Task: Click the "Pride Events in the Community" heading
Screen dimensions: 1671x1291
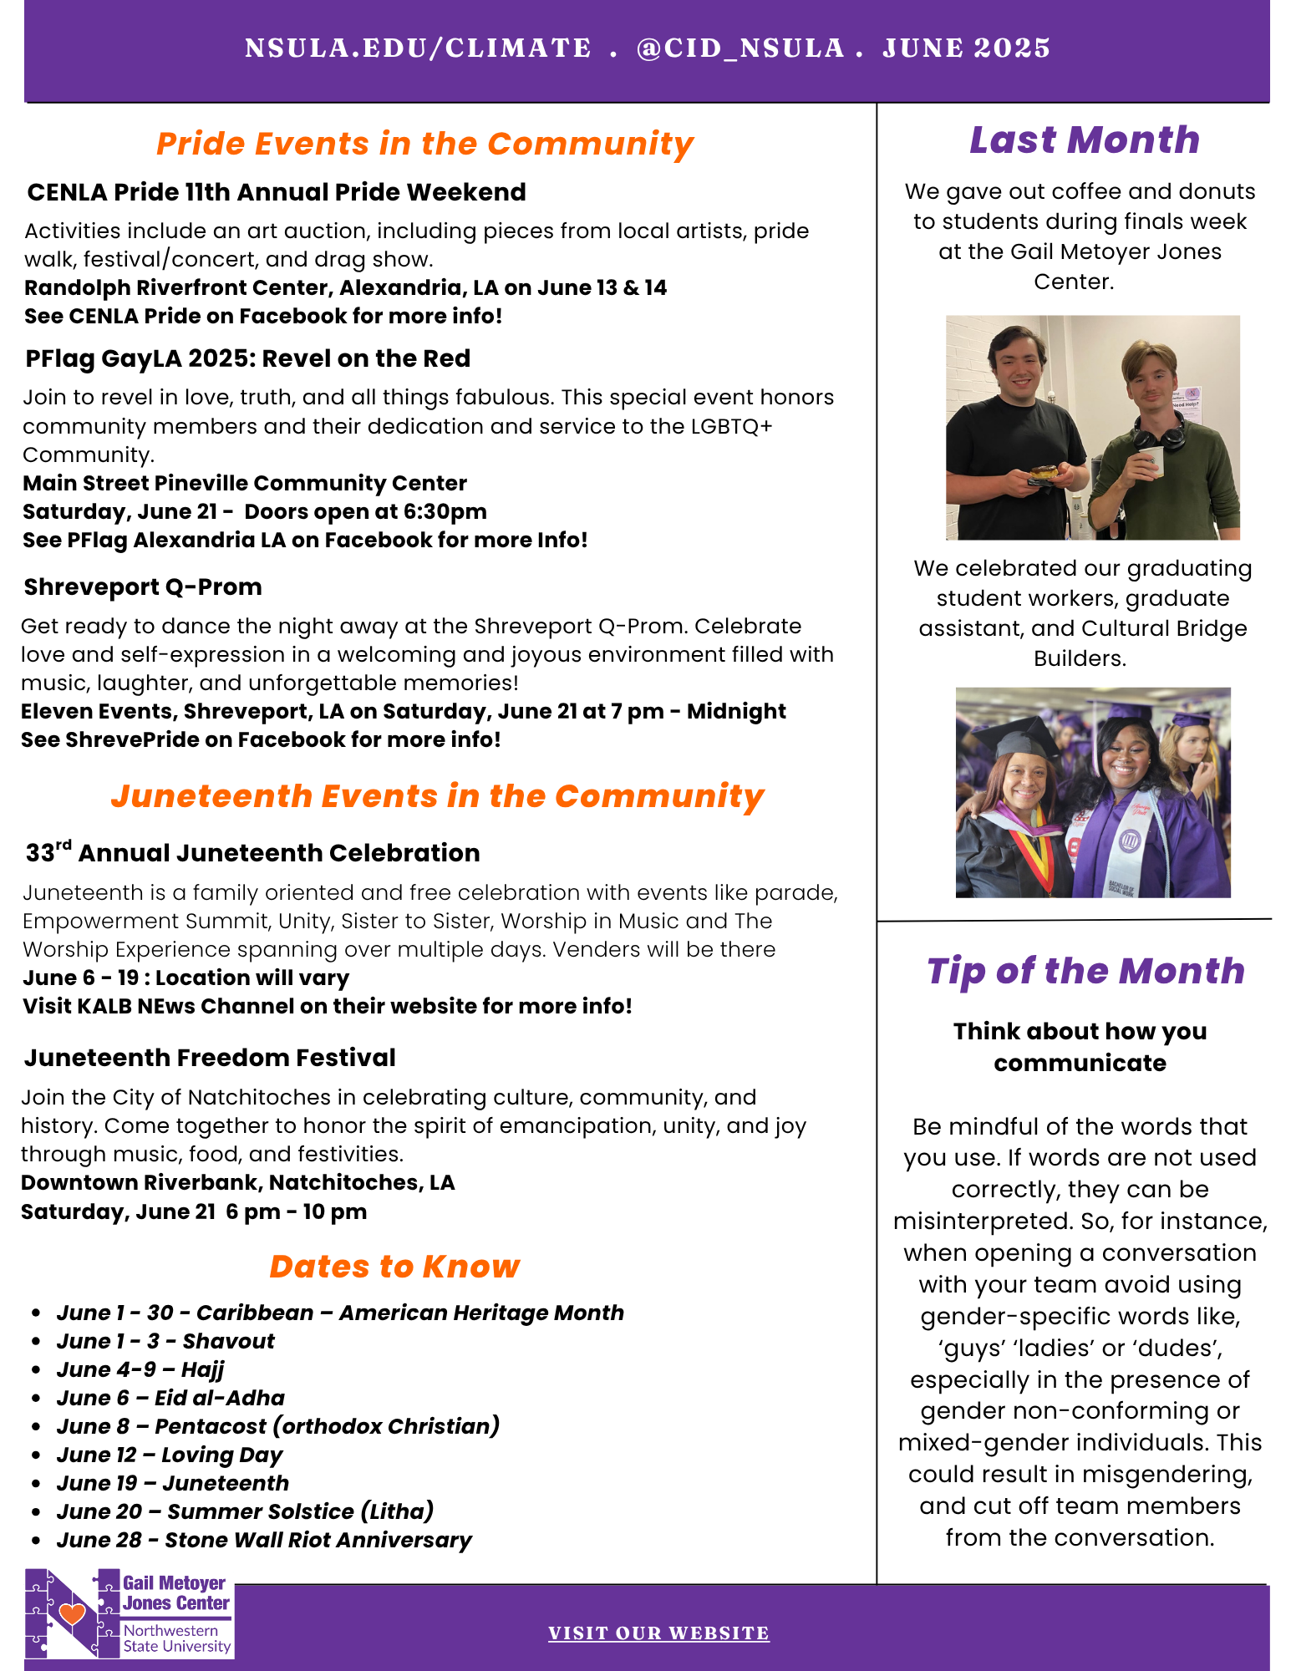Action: click(x=424, y=144)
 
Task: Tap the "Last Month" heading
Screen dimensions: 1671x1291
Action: click(x=1084, y=140)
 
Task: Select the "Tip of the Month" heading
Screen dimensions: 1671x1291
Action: click(x=1085, y=971)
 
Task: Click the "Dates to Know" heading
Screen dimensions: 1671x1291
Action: click(x=394, y=1267)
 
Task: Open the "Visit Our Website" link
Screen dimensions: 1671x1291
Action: click(x=658, y=1633)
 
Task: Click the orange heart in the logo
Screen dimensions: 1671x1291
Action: click(x=73, y=1613)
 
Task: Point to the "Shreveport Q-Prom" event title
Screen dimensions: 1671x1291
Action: click(x=143, y=587)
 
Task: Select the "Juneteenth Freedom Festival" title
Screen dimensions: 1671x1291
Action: click(x=210, y=1057)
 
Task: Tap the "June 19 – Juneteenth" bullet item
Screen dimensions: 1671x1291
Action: click(x=172, y=1483)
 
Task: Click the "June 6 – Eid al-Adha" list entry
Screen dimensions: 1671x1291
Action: click(x=170, y=1398)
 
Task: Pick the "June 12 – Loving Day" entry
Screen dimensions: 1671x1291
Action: click(x=170, y=1455)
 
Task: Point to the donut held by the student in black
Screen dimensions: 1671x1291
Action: click(x=1044, y=473)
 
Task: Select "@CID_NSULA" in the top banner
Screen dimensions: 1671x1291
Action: click(x=740, y=48)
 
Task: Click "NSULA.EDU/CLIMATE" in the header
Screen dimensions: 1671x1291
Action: click(x=418, y=48)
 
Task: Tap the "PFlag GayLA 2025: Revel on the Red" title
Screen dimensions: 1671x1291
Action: click(x=247, y=358)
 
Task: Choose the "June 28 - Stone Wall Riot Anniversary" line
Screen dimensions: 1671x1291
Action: click(x=264, y=1540)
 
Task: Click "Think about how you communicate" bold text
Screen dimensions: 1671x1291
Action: click(x=1080, y=1047)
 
